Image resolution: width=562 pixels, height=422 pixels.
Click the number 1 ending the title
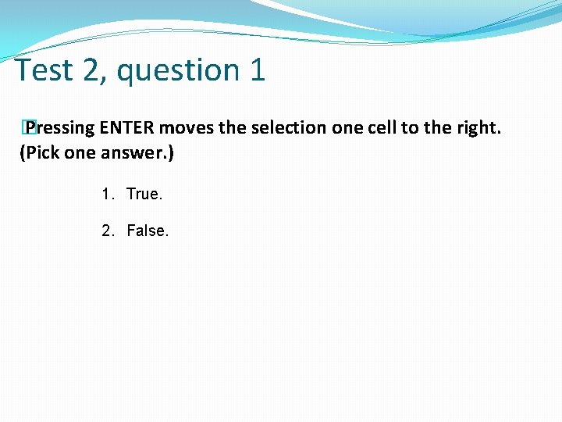coord(258,70)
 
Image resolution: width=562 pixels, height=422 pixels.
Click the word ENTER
coord(128,127)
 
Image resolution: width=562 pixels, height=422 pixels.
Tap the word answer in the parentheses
coord(137,153)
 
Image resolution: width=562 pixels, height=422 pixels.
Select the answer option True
coord(144,194)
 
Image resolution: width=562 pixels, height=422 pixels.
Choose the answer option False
coord(147,231)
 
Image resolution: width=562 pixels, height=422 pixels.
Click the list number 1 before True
coord(107,194)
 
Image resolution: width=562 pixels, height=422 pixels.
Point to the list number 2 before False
coord(107,231)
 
